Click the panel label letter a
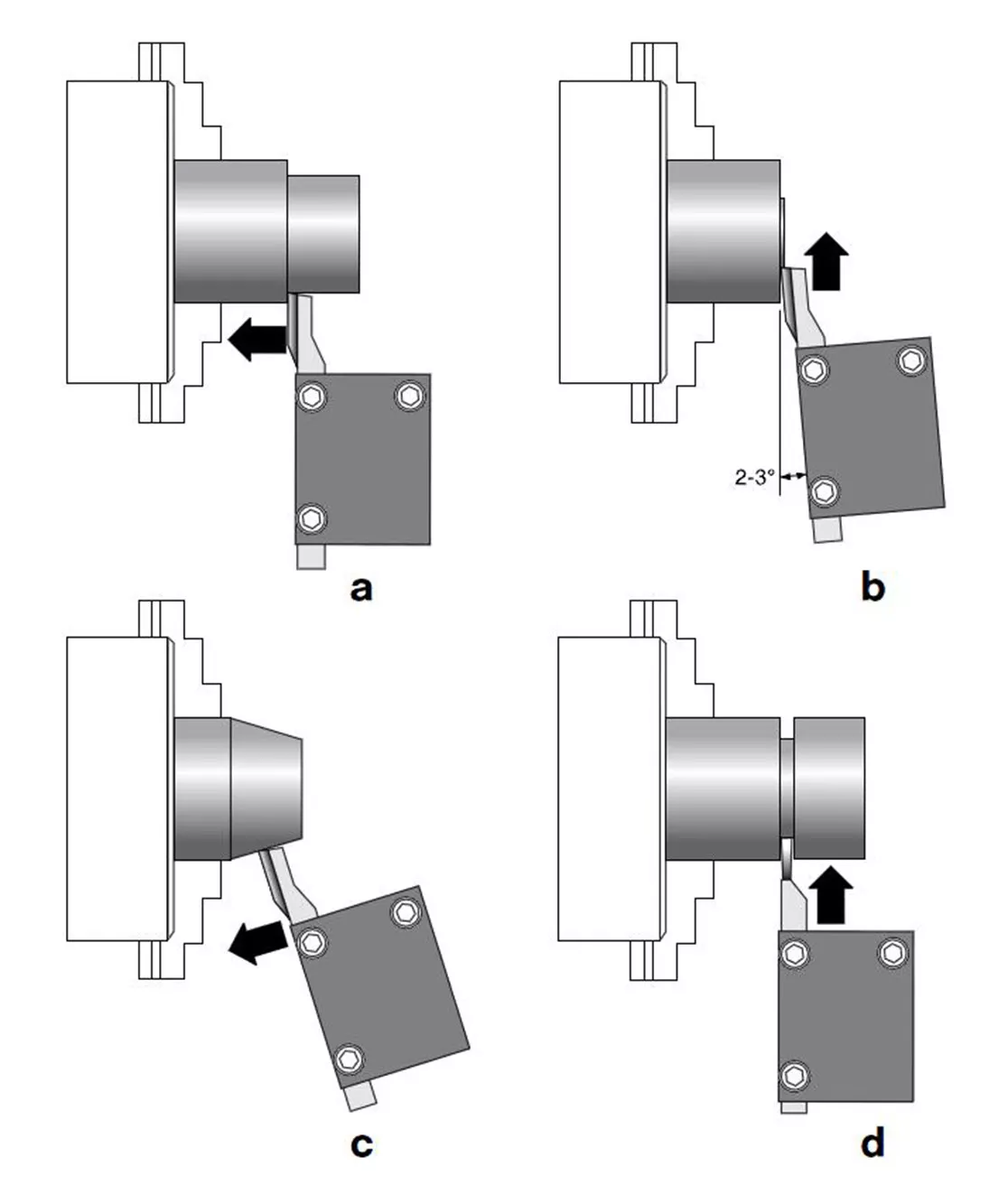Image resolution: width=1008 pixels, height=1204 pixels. pos(360,589)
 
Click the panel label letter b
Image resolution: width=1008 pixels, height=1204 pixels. pos(873,588)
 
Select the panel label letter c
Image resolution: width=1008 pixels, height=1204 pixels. pos(360,1144)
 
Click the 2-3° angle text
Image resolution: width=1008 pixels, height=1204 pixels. pos(754,477)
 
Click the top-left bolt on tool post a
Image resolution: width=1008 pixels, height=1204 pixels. pos(313,396)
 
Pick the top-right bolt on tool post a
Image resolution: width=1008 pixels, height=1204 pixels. pos(410,395)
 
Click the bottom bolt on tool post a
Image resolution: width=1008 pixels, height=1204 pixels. pos(313,518)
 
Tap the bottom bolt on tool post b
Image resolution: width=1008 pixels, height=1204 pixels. pos(823,491)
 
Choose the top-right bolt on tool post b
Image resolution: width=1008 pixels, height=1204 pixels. pos(910,361)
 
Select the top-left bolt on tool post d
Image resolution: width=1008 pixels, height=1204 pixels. pos(796,953)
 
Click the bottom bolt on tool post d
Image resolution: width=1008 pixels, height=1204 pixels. pos(795,1075)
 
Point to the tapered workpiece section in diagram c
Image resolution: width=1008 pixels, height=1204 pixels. pos(266,787)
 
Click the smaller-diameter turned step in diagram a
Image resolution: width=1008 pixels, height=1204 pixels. pos(323,233)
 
